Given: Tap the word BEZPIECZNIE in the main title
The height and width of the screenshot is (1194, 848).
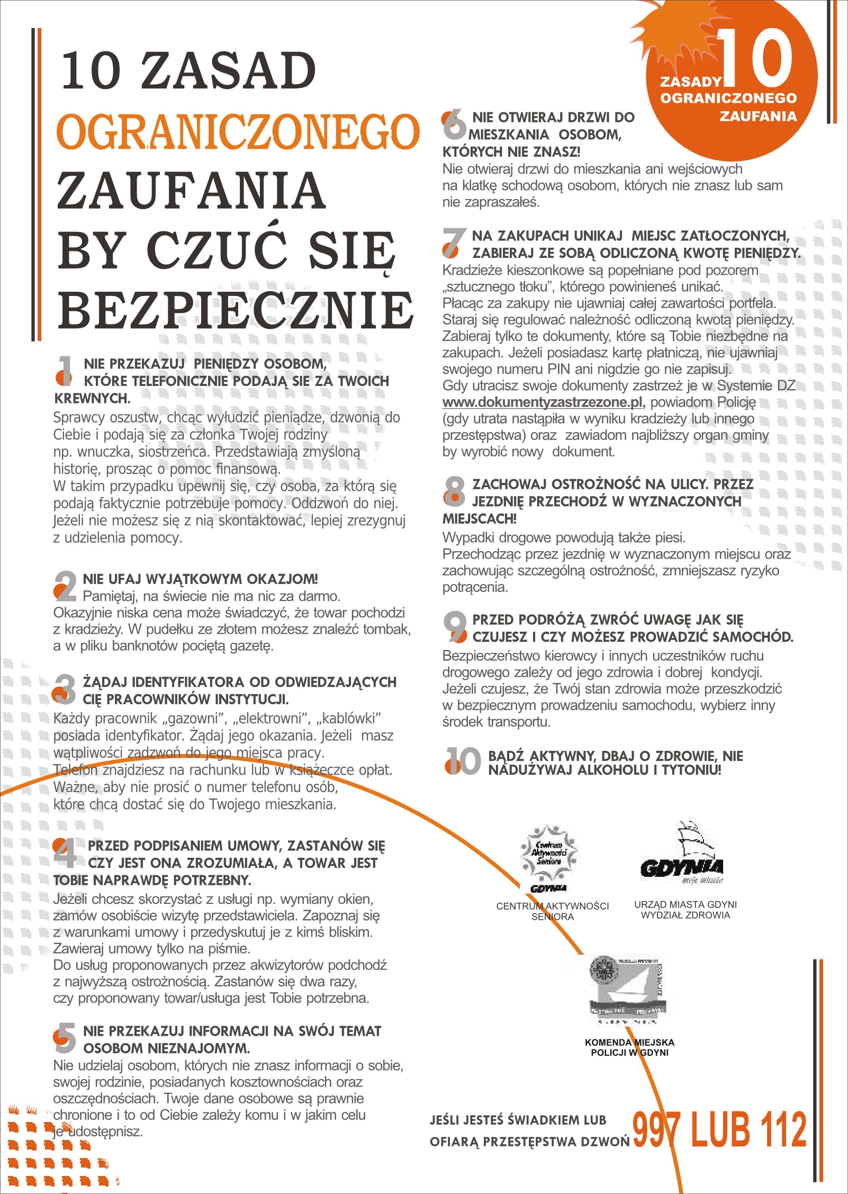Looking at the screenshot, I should tap(236, 311).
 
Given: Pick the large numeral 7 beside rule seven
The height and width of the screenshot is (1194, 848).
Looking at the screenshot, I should tap(454, 243).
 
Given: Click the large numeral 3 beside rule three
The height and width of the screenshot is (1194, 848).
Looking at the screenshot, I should tap(65, 689).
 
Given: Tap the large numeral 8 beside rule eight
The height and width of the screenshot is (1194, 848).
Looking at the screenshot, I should tap(454, 491).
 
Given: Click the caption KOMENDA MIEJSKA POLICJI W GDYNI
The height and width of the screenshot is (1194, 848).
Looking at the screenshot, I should tap(629, 1047).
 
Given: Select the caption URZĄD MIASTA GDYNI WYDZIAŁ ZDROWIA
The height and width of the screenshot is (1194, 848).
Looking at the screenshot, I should tap(685, 910).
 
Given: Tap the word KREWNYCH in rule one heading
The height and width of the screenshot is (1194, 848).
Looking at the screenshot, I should tap(92, 398).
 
